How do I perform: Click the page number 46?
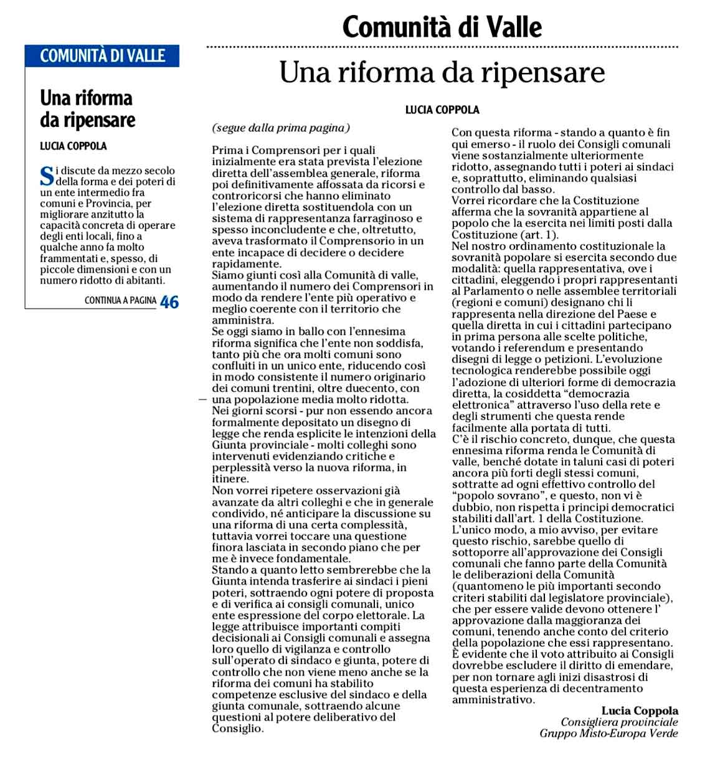[x=169, y=302]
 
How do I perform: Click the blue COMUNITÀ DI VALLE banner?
[x=102, y=56]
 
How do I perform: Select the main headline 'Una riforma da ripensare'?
[x=442, y=73]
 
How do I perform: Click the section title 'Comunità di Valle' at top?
[x=442, y=27]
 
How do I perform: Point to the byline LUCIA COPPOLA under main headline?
[x=442, y=110]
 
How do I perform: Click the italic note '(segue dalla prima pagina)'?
[x=281, y=128]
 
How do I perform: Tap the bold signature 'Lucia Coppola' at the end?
[x=640, y=711]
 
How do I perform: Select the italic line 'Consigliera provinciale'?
[x=619, y=722]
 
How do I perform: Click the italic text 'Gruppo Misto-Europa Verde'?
[x=608, y=733]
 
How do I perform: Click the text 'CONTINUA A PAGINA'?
[x=120, y=301]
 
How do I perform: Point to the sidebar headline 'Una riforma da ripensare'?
[x=87, y=109]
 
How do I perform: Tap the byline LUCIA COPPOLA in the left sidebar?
[x=73, y=147]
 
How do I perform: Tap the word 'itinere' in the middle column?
[x=229, y=479]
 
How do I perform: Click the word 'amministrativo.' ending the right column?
[x=493, y=700]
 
